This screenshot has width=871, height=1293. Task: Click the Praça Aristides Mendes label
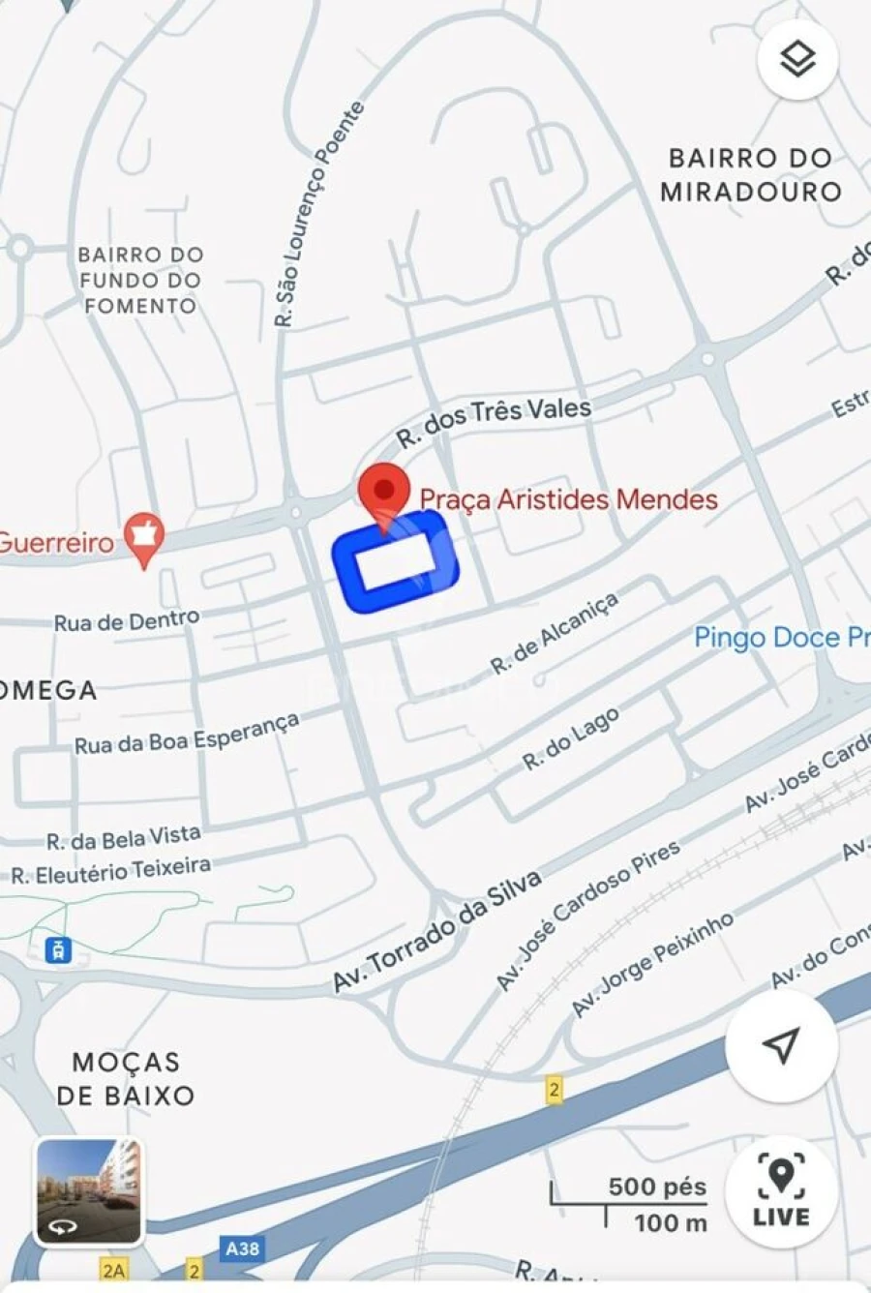pos(568,499)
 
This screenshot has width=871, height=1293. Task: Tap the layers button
pos(797,59)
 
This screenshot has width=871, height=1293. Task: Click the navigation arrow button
pos(781,1045)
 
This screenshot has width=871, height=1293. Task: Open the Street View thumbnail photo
pos(89,1190)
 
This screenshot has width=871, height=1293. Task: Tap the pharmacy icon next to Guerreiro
pos(144,538)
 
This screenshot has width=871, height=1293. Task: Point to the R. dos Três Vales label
pos(494,422)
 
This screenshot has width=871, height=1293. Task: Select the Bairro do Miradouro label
pos(750,174)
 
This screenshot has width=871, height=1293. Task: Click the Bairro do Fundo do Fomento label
pos(140,280)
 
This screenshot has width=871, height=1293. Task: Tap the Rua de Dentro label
pos(127,621)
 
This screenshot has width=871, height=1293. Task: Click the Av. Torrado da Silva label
pos(436,931)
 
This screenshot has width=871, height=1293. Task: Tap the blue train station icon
pos(59,949)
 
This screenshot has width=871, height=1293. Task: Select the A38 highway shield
pos(241,1248)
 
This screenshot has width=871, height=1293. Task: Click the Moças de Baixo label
pos(126,1078)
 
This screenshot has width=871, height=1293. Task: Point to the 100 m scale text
pos(670,1222)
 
